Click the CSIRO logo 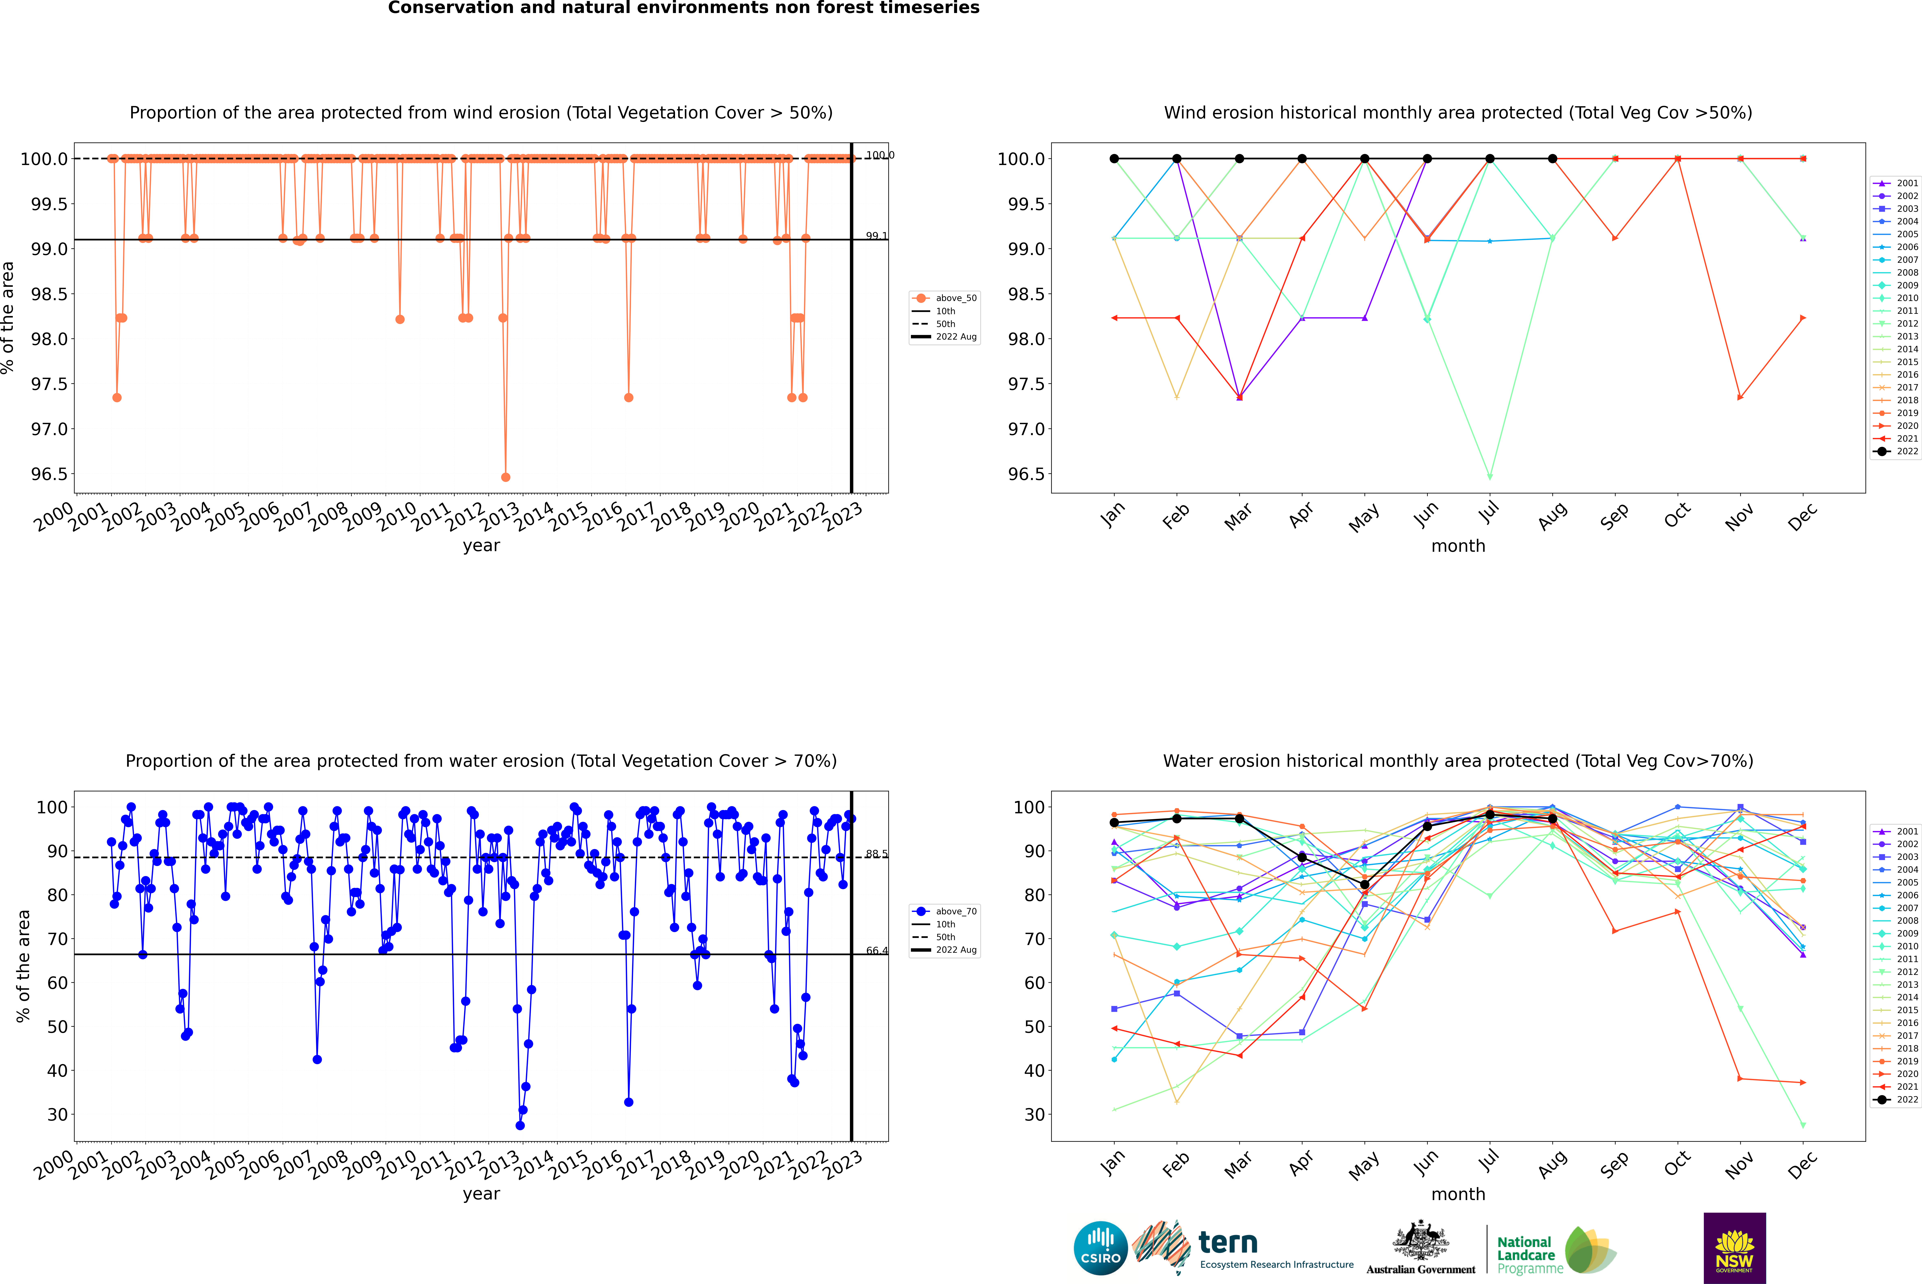pos(1100,1248)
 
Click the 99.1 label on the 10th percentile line pos(876,236)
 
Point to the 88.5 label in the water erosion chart pos(876,854)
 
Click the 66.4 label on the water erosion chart pos(876,951)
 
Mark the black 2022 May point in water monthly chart pos(1364,884)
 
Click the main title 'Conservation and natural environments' pos(683,8)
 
